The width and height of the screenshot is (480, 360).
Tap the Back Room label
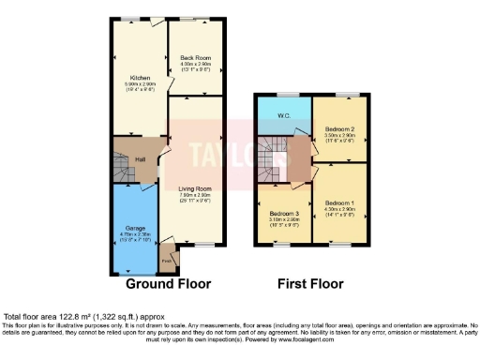coord(195,58)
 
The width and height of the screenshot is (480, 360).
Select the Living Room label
coord(195,189)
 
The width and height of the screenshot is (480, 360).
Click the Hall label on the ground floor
coord(139,159)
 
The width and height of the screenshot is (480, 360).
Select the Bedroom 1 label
coord(339,202)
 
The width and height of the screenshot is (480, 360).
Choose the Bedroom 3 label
coord(283,213)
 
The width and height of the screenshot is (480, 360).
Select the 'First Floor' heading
coord(310,283)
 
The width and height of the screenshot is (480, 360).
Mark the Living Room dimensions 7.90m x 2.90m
coord(195,196)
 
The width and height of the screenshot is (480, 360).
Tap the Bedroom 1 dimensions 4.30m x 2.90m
coord(339,208)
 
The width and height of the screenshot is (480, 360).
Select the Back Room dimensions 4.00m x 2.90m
coord(195,64)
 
